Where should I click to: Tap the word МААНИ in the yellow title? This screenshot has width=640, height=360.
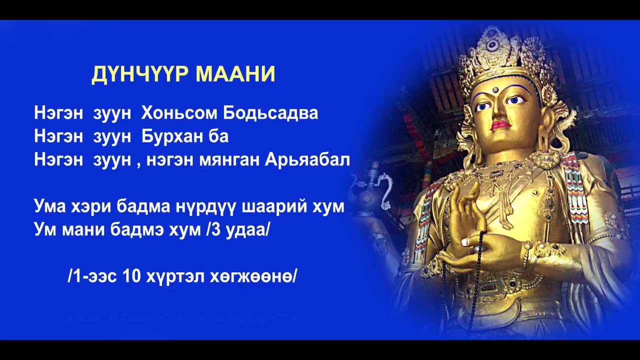coord(235,74)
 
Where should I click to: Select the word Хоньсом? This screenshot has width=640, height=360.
coord(179,113)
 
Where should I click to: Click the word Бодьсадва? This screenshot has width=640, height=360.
coord(270,113)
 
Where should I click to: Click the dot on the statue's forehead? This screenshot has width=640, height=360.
coord(495,90)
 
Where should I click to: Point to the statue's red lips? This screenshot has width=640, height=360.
coord(500,124)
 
